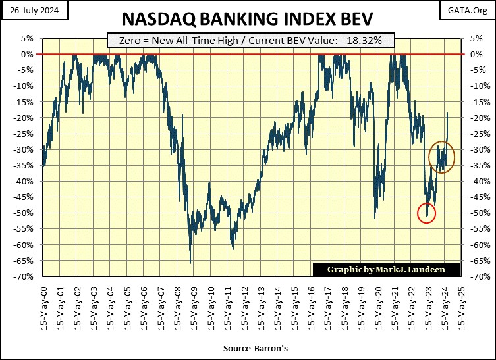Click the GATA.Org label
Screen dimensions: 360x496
point(470,9)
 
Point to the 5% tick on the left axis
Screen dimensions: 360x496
point(28,38)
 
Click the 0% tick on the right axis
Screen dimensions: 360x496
point(474,54)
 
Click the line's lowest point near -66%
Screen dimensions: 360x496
point(190,263)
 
